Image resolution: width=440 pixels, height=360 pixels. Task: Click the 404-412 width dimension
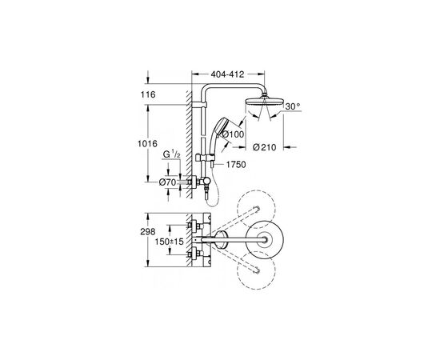[x=227, y=74]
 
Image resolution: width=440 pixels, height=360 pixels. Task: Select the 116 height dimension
[x=148, y=94]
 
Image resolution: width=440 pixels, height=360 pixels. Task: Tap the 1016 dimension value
[x=147, y=144]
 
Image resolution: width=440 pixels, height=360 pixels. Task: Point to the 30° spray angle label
[x=293, y=106]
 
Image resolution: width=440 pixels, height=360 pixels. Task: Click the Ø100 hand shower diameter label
[x=233, y=134]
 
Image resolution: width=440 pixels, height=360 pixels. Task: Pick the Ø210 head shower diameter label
[x=264, y=147]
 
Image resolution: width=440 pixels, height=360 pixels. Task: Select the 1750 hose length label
[x=236, y=165]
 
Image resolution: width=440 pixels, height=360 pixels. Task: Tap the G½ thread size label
[x=171, y=154]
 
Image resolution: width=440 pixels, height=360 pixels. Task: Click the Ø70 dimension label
[x=167, y=182]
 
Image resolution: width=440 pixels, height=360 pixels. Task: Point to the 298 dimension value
[x=148, y=232]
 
